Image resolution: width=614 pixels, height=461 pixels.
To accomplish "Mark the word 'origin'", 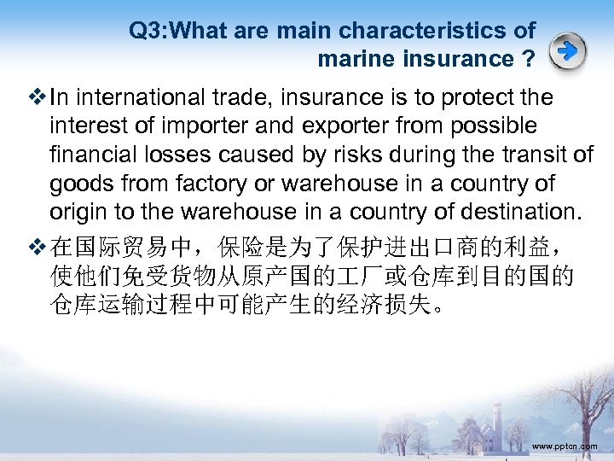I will (79, 211).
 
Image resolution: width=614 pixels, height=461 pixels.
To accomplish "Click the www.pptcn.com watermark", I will (564, 446).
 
